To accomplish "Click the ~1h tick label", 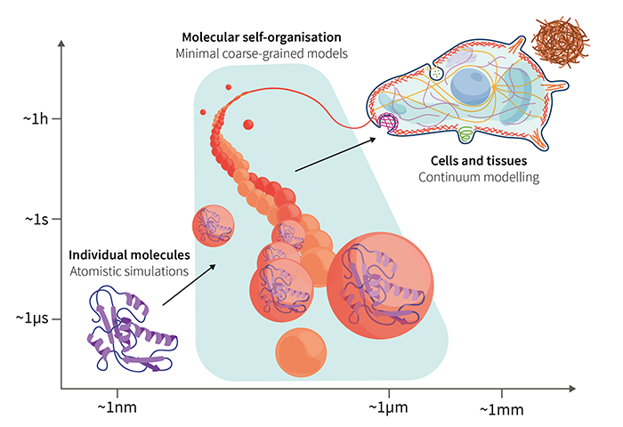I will click(x=35, y=117).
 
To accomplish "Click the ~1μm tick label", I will click(x=389, y=407).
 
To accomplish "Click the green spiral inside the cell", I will click(x=465, y=133).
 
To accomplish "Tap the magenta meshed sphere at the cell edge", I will click(x=388, y=124).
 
